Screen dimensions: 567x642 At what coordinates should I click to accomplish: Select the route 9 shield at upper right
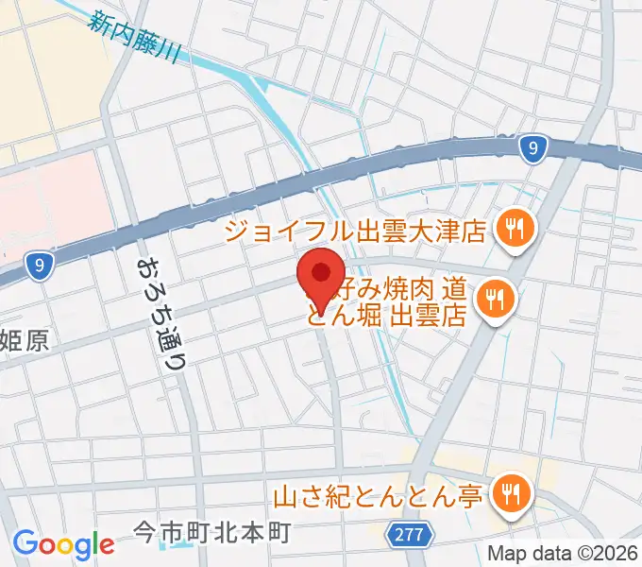[534, 147]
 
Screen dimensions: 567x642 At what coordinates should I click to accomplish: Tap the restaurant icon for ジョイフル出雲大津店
[516, 228]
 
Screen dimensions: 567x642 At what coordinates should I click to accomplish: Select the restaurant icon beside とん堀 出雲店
[493, 301]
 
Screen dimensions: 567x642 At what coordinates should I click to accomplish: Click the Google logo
[63, 543]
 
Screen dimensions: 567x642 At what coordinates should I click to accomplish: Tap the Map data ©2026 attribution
[564, 552]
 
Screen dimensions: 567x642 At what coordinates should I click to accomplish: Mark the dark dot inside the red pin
[321, 272]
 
